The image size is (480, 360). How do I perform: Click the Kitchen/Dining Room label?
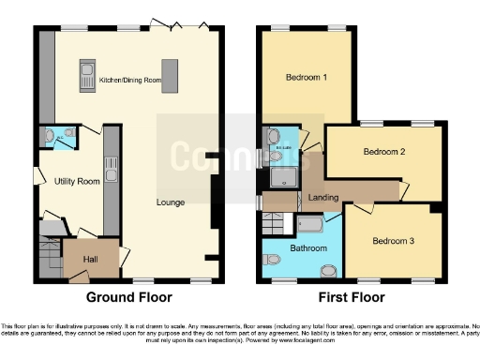129,82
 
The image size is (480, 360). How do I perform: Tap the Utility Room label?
77,181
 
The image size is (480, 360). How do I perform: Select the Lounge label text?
169,201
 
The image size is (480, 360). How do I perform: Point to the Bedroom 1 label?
307,77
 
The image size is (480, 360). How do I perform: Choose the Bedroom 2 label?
382,151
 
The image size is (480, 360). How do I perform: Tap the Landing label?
322,199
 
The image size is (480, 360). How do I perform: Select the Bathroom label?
307,248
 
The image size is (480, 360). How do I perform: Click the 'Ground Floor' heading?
129,298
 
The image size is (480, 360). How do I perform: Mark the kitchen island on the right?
170,73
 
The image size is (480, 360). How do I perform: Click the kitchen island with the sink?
87,73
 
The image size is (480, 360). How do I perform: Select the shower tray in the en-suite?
282,175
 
